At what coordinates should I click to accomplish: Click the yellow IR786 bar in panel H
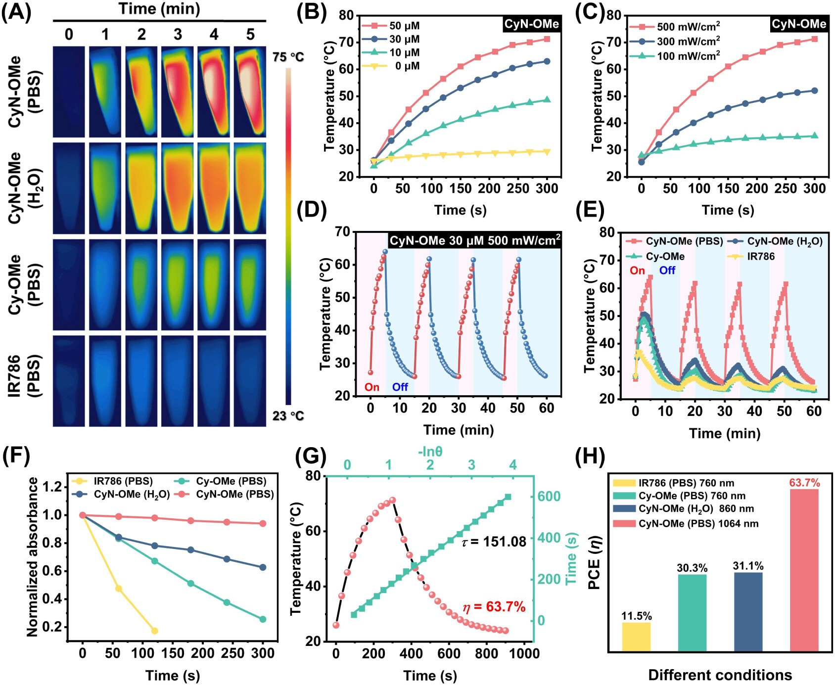coord(636,637)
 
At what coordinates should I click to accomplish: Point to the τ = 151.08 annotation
coord(494,542)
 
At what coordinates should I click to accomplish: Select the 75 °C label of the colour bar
coord(288,57)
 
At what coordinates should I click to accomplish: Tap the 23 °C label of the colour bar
coord(288,416)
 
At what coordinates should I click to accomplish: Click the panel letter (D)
coord(312,211)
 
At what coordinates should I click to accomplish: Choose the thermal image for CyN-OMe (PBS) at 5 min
coord(250,92)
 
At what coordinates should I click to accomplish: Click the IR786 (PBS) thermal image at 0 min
coord(69,381)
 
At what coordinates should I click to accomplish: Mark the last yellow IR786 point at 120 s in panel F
coord(154,631)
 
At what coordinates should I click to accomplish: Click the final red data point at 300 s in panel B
coord(547,39)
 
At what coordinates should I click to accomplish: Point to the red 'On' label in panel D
coord(372,387)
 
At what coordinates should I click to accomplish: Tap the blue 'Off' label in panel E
coord(667,271)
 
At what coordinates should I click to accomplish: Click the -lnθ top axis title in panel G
coord(430,452)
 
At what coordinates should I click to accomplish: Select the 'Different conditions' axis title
coord(720,675)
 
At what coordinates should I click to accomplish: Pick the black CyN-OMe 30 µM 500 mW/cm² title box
coord(474,241)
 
